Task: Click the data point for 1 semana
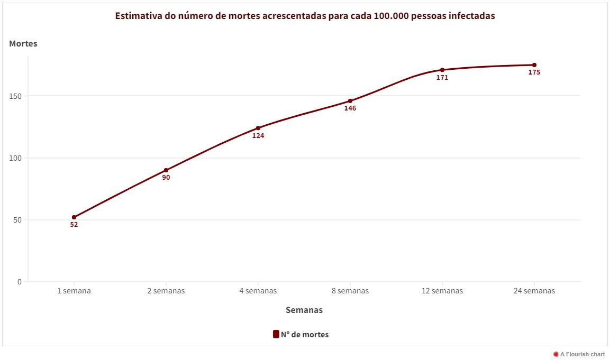(74, 217)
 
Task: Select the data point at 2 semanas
(166, 170)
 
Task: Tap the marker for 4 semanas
(258, 128)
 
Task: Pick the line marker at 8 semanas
(350, 101)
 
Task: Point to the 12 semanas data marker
(442, 70)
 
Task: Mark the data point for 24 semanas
(534, 65)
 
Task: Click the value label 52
(74, 225)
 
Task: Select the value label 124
(258, 136)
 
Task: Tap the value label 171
(442, 78)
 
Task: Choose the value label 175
(534, 72)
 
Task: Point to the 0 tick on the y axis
(20, 282)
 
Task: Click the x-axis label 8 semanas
(350, 291)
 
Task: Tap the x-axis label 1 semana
(74, 291)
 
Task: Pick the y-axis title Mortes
(23, 44)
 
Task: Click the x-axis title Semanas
(304, 310)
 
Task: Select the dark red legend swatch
(276, 334)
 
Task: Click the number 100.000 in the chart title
(393, 16)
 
